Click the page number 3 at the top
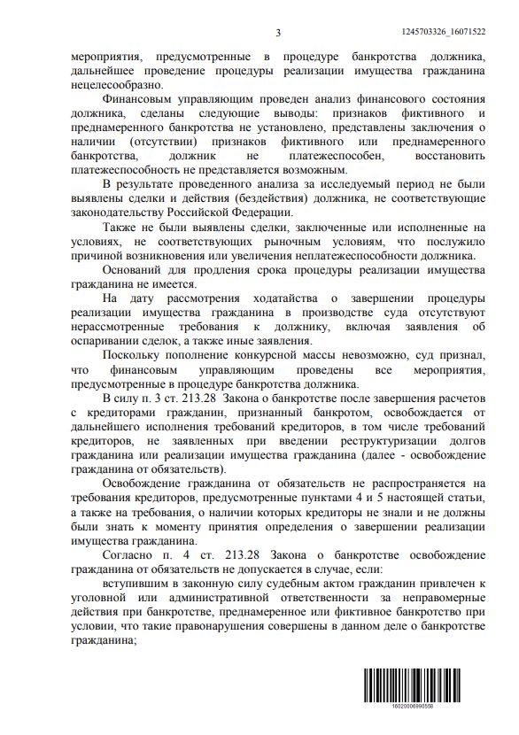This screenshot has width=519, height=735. pos(277,33)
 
